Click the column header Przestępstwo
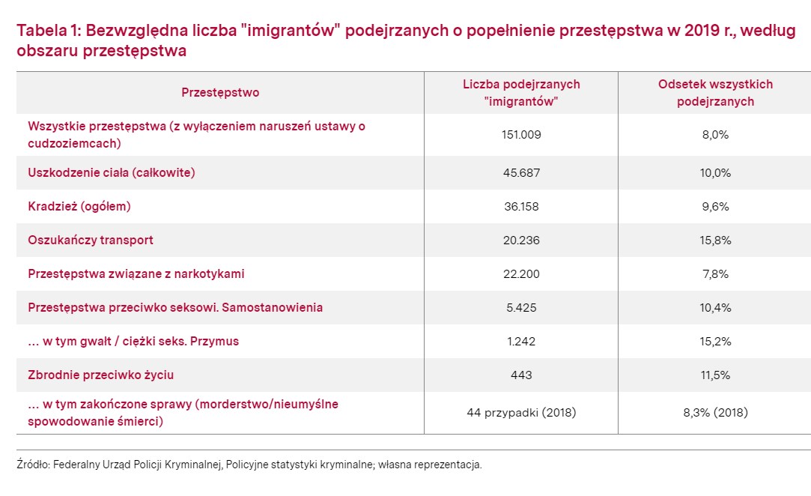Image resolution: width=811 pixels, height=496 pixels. point(220,93)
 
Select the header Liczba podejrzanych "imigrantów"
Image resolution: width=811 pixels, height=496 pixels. point(521,93)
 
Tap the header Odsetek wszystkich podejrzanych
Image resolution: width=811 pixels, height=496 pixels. point(715,93)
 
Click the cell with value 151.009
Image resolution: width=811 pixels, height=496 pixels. point(521,135)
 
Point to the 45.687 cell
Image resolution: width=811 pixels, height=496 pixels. point(521,173)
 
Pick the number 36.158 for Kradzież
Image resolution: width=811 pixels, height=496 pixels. point(521,207)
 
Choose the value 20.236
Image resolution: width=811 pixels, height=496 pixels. point(521,241)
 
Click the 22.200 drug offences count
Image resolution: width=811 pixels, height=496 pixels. point(521,274)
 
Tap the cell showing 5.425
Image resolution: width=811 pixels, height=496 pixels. point(521,307)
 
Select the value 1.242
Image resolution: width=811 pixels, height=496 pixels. point(521,341)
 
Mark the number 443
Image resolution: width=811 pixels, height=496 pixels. point(521,375)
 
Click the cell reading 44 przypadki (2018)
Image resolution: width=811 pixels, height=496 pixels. point(521,413)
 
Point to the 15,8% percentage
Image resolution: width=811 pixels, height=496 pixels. point(715,241)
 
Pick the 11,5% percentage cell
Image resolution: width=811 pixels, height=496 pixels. point(715,375)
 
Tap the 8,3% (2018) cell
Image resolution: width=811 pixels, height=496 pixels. point(715,413)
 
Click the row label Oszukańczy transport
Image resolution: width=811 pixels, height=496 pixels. point(91,241)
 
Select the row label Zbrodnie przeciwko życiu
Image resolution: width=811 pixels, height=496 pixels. point(101,375)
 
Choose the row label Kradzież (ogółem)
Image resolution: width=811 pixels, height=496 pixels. point(79,207)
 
